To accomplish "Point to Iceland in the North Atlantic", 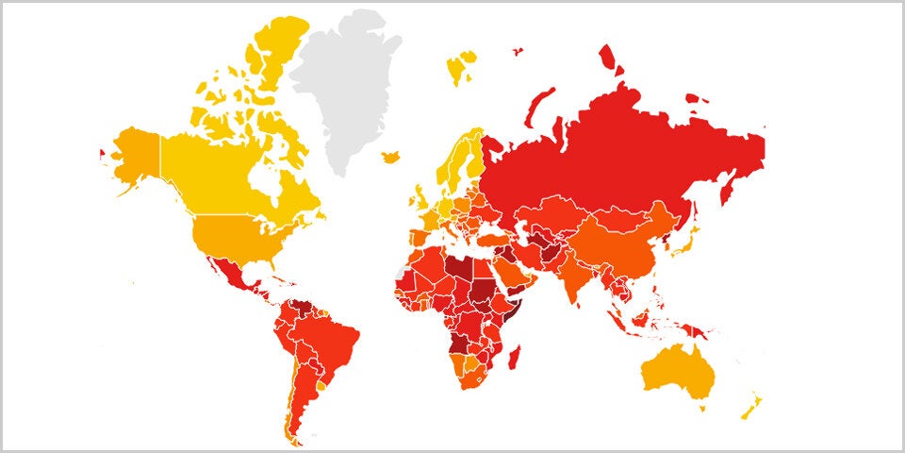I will pyautogui.click(x=390, y=157).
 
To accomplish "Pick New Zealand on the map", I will pyautogui.click(x=751, y=408).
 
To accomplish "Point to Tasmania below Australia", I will pyautogui.click(x=701, y=408).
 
